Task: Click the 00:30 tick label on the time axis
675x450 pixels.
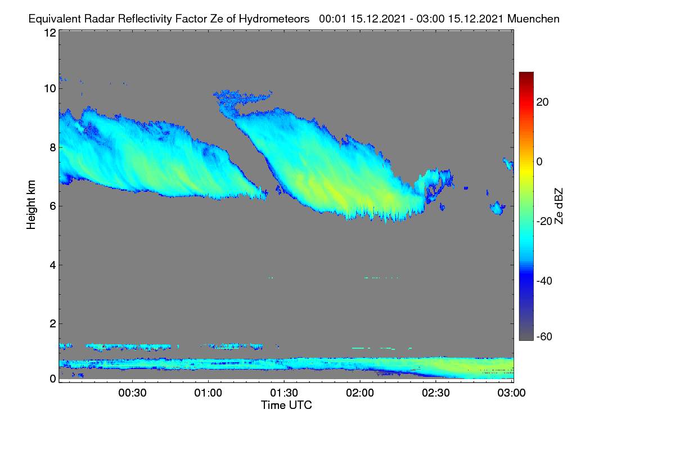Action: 132,393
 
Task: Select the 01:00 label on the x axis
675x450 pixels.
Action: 208,393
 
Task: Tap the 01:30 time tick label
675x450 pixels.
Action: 284,393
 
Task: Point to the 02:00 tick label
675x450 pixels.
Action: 360,393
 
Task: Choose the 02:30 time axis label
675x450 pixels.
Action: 436,393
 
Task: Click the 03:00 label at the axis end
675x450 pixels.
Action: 511,393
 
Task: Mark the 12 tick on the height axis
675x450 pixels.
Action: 50,33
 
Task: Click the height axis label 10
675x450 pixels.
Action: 50,89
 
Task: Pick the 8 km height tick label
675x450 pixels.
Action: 53,147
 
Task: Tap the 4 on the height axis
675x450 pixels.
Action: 53,265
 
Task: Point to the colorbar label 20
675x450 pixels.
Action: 542,102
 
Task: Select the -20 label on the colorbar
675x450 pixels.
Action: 544,221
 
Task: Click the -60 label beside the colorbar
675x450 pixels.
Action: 544,336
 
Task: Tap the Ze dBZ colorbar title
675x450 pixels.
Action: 559,206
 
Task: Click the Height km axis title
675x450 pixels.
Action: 31,205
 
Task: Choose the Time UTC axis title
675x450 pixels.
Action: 286,405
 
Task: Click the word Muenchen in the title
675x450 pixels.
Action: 533,19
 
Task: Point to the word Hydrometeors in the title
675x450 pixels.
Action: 274,19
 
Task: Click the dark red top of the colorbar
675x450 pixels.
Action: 526,74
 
